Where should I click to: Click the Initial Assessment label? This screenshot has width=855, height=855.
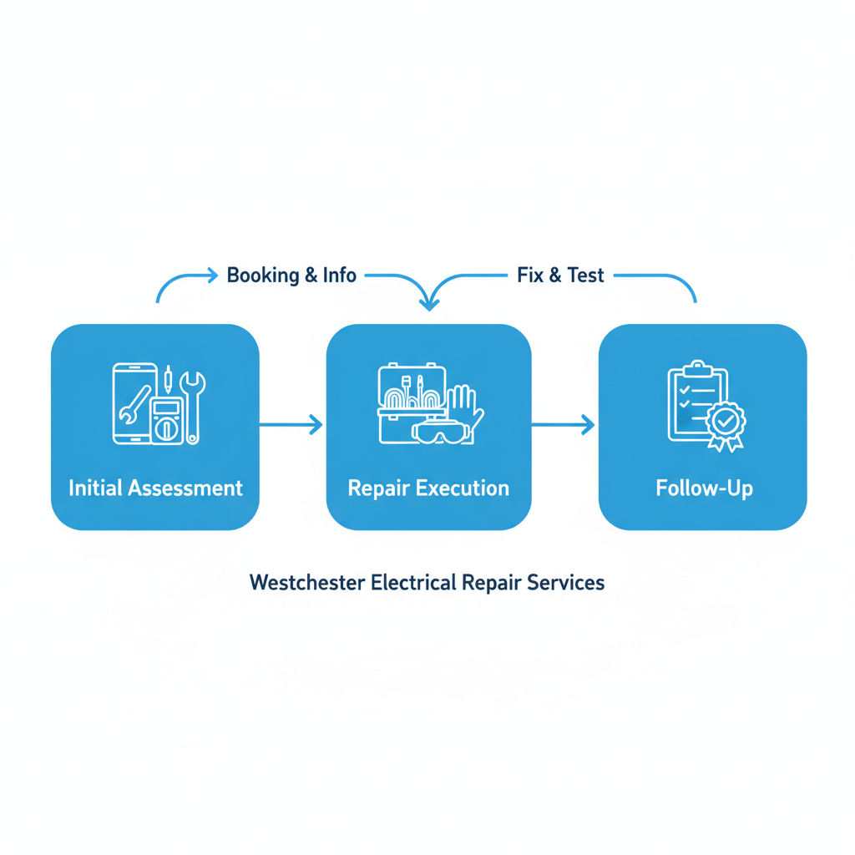[155, 488]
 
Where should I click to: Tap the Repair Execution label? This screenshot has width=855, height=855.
[428, 488]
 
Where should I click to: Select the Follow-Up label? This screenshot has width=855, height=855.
[704, 488]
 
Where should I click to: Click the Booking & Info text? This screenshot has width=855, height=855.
[291, 275]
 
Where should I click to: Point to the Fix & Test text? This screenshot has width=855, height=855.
[560, 275]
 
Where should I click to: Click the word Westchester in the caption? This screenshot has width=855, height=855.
[306, 582]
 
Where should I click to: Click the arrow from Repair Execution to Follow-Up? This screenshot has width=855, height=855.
[564, 425]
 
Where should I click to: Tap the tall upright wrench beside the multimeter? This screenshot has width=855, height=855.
[193, 405]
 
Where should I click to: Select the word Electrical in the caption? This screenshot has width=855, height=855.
[411, 582]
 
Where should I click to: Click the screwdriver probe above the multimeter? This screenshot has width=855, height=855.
[169, 380]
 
